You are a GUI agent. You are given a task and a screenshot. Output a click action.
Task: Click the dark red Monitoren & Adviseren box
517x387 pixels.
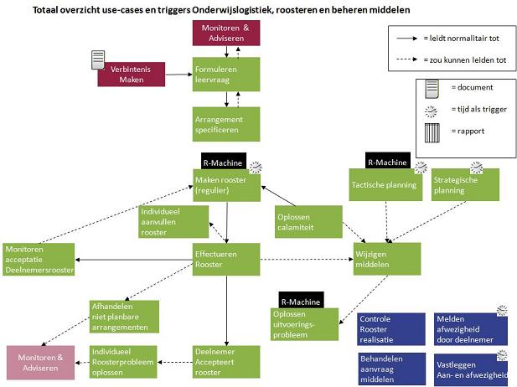click(x=226, y=33)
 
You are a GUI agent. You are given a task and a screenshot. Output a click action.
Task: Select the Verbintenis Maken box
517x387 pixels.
click(x=132, y=75)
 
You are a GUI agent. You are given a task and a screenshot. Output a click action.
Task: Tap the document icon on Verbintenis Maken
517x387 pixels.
click(x=98, y=60)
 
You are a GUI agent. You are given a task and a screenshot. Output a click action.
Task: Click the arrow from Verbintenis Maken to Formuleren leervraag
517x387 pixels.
click(x=178, y=75)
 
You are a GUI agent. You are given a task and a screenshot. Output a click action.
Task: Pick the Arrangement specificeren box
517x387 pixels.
click(x=226, y=124)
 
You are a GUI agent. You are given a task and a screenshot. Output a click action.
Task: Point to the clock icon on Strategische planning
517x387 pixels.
click(x=477, y=168)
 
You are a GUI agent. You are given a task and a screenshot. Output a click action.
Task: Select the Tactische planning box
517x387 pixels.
click(x=385, y=184)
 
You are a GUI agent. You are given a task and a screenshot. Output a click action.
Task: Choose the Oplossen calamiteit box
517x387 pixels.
click(x=308, y=221)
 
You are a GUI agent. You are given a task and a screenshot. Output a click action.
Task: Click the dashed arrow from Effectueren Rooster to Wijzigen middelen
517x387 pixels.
click(x=307, y=260)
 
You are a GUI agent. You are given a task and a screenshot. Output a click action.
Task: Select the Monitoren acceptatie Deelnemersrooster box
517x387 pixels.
click(x=39, y=260)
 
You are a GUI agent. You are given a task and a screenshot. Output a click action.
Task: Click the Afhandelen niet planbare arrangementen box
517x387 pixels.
click(x=124, y=317)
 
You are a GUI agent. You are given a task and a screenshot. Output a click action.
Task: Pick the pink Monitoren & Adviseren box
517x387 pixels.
click(x=40, y=363)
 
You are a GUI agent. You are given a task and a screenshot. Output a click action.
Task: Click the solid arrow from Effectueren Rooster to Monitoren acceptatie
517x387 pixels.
click(x=134, y=260)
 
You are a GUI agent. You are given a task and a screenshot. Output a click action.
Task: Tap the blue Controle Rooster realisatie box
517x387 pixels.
click(x=391, y=329)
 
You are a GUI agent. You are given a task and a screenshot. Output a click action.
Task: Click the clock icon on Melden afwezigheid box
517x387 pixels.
click(x=502, y=311)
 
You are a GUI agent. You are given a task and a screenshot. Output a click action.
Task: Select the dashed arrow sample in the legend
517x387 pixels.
click(x=407, y=59)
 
